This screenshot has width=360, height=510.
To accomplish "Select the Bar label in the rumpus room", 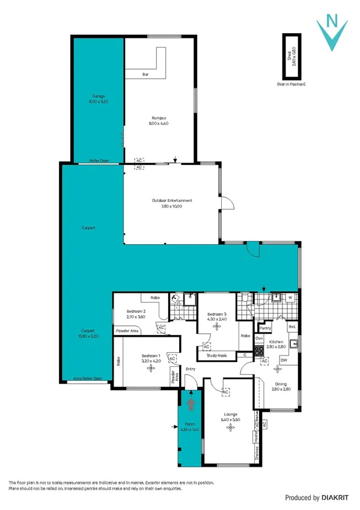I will pyautogui.click(x=145, y=75).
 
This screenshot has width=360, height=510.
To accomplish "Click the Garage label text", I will pyautogui.click(x=99, y=96).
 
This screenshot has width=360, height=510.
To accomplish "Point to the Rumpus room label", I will pyautogui.click(x=159, y=118).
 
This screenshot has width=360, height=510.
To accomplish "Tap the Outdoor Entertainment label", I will pyautogui.click(x=172, y=201).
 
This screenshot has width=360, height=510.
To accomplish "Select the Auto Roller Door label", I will pyautogui.click(x=87, y=379).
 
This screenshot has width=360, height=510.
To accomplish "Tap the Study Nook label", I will pyautogui.click(x=216, y=355).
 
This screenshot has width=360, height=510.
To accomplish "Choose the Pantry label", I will pyautogui.click(x=266, y=328).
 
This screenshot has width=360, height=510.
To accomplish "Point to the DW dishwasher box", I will pyautogui.click(x=284, y=360).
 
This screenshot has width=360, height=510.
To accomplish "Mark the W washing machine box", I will pyautogui.click(x=290, y=297).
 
